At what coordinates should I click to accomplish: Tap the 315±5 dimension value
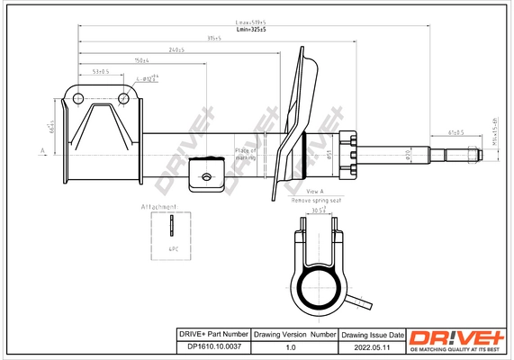[x=213, y=38]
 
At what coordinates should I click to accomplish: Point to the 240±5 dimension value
[x=176, y=50]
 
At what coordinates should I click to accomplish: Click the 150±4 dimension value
[x=140, y=60]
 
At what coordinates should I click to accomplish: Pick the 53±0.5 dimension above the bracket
[x=100, y=70]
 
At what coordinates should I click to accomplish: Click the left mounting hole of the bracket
[x=77, y=98]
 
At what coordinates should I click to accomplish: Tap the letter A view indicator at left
[x=42, y=150]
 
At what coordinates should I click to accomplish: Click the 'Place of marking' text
[x=246, y=154]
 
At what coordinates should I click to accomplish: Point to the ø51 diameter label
[x=329, y=155]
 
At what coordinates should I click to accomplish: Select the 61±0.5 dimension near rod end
[x=456, y=132]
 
